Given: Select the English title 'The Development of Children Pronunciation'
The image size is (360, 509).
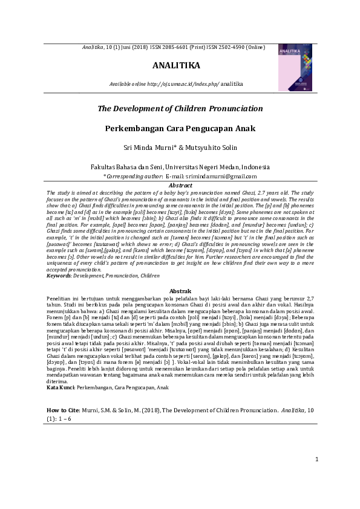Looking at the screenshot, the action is click(180, 109).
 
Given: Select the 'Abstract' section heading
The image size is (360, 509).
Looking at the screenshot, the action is click(180, 184).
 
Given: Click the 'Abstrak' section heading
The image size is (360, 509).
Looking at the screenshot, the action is click(180, 291).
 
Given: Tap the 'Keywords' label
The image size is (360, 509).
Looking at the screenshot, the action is click(59, 276).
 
